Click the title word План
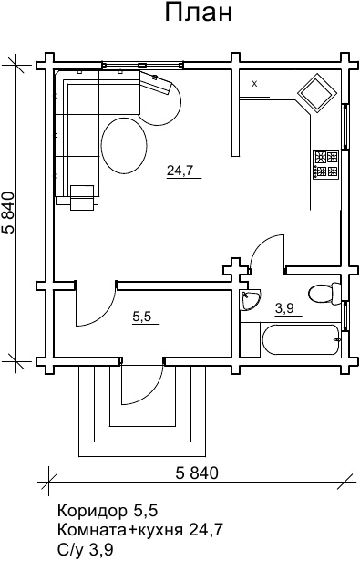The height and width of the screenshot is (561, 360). click(199, 13)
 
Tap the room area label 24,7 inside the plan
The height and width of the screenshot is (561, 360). click(180, 171)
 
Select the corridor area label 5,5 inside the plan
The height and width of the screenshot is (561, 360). click(142, 317)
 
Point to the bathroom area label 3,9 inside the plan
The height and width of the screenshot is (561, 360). click(284, 308)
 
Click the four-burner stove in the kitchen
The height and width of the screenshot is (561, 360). click(326, 164)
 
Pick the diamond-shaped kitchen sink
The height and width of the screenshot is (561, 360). click(317, 93)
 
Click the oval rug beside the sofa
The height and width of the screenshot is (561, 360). click(124, 146)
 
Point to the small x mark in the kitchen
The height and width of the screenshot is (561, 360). click(254, 84)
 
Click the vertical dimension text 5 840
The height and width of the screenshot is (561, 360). click(9, 213)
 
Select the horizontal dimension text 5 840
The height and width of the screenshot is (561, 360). click(197, 473)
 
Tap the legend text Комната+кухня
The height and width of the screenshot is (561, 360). click(120, 529)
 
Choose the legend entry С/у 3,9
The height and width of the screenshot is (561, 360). click(85, 547)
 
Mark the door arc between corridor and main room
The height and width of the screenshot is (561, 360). click(104, 315)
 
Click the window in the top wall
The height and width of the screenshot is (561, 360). click(143, 65)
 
